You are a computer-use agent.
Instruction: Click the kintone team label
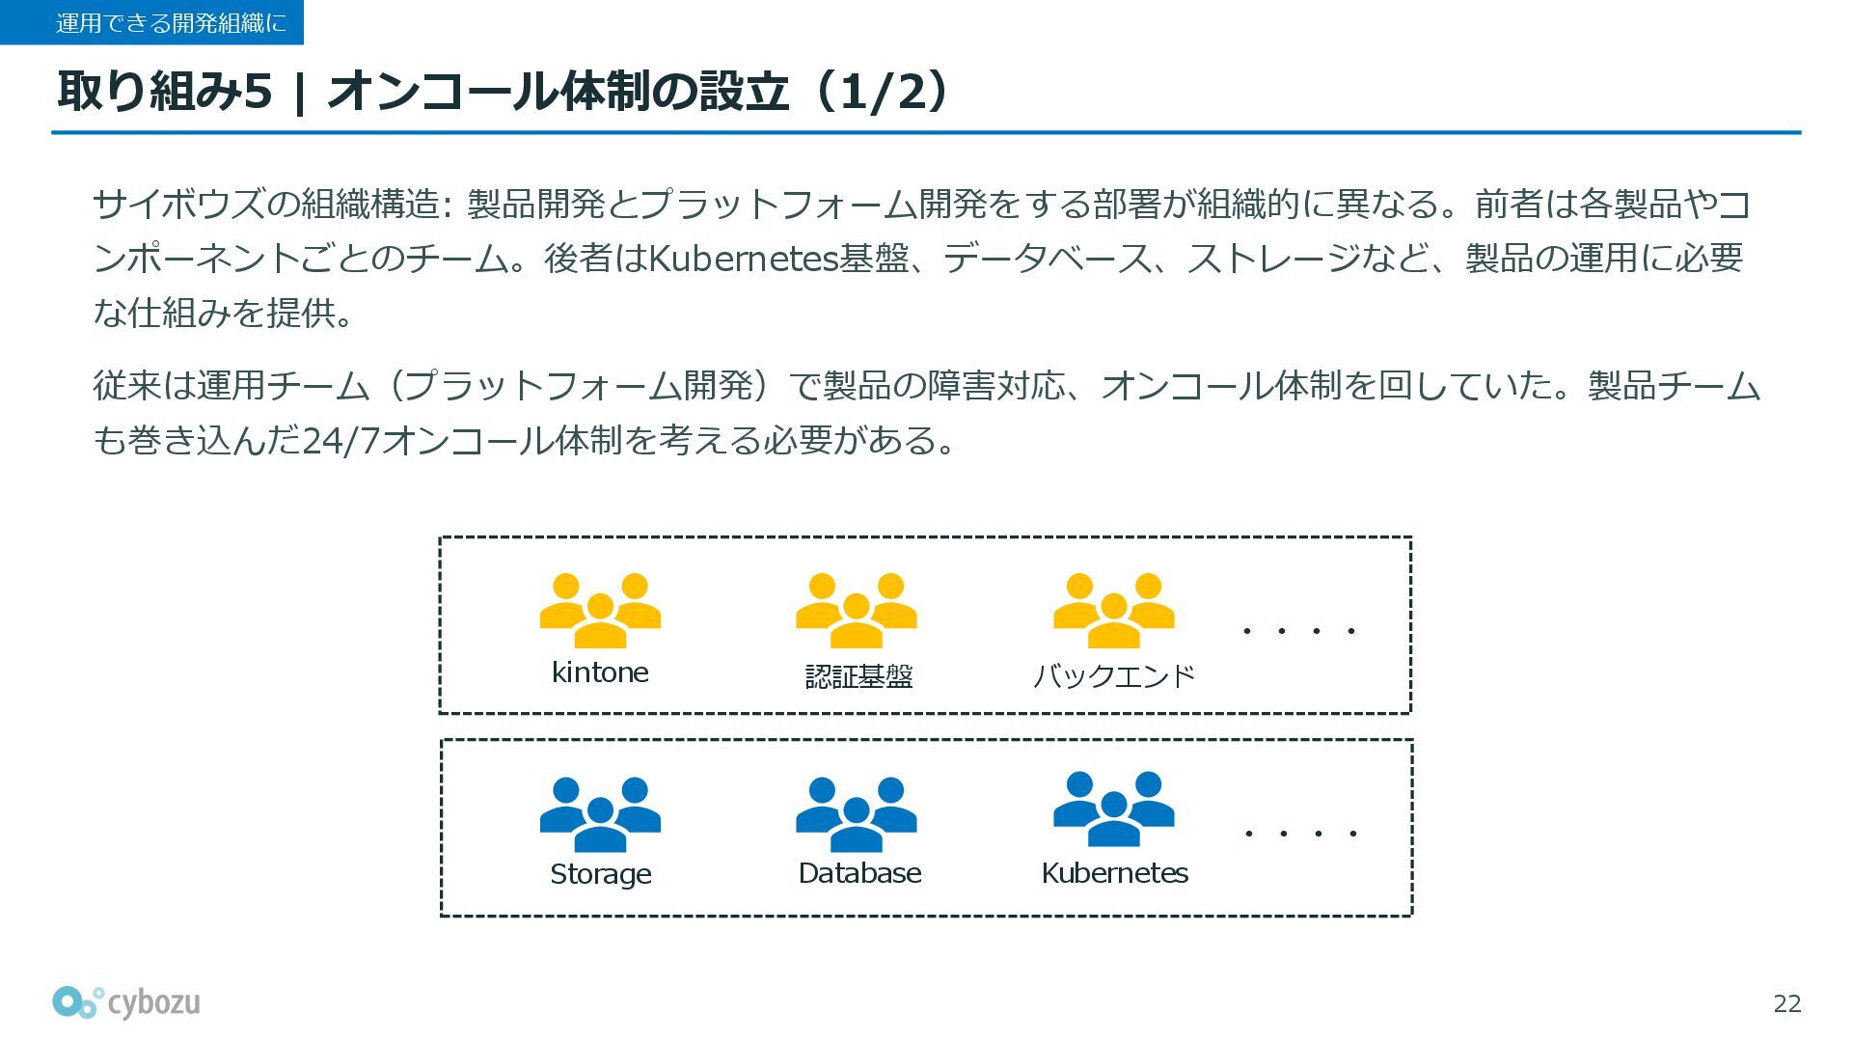[x=599, y=672]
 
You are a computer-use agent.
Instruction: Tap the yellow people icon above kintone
[x=600, y=610]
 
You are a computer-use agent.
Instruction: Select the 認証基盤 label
[x=858, y=676]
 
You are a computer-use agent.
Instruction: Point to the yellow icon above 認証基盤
[x=856, y=610]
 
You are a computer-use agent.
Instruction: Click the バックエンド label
[x=1114, y=675]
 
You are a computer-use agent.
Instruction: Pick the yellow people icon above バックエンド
[x=1113, y=610]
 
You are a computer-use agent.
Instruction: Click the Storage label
[x=600, y=874]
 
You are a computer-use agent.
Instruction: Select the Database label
[x=859, y=873]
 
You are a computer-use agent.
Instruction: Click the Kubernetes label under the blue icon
[x=1114, y=873]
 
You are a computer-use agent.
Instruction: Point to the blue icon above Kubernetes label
[x=1113, y=809]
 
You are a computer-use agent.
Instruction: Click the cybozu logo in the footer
[x=126, y=1003]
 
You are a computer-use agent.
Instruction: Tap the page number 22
[x=1786, y=1004]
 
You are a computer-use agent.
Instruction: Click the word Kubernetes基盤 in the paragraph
[x=777, y=259]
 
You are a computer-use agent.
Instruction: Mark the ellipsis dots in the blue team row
[x=1300, y=833]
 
